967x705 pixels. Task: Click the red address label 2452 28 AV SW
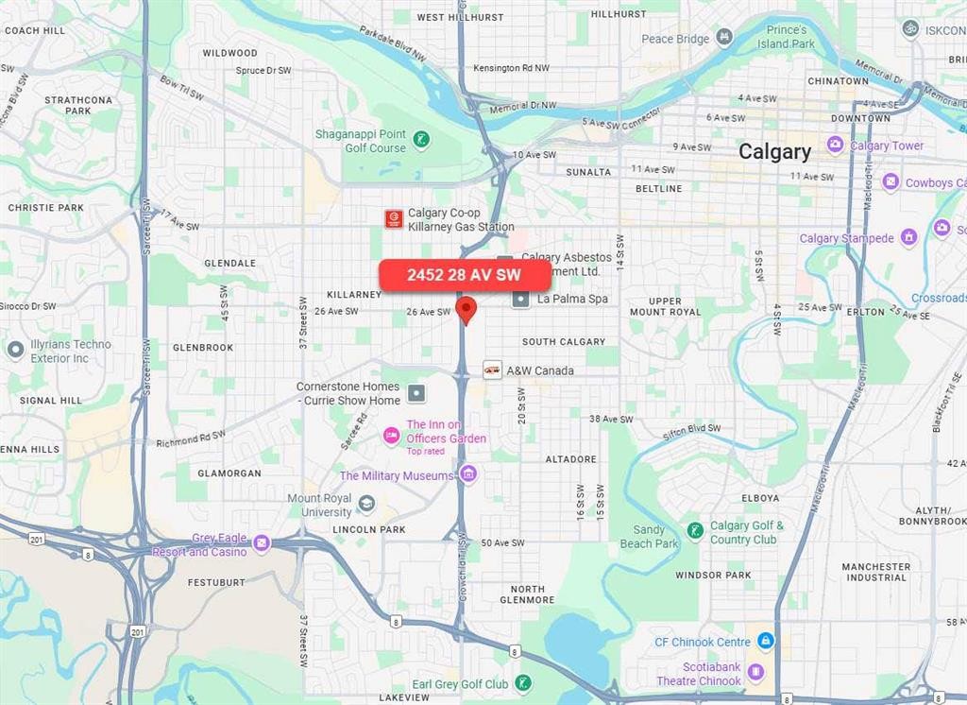464,275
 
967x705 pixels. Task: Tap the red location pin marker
466,309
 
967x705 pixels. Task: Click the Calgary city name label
774,151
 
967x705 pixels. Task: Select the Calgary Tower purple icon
835,145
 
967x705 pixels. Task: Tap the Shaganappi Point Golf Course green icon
421,141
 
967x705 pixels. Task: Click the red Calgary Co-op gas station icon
394,219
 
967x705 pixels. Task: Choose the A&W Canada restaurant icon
492,370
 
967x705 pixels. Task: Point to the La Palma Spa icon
520,299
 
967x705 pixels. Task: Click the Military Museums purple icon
468,474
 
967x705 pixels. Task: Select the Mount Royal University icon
366,505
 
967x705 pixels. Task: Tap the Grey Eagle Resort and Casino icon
262,543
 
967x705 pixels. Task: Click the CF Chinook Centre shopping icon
766,642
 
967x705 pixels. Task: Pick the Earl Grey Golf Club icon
523,682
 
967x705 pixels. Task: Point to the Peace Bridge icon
724,38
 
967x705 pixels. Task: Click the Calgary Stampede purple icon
908,237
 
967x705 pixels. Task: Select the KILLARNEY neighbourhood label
354,294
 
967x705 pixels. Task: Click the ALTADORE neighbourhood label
570,459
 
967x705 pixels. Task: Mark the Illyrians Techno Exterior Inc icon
15,351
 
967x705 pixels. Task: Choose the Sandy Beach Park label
649,537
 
